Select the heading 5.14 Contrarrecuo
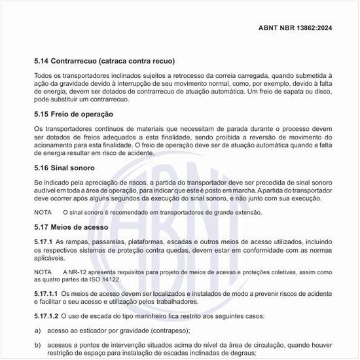(x=104, y=61)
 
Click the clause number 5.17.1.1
(x=46, y=295)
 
